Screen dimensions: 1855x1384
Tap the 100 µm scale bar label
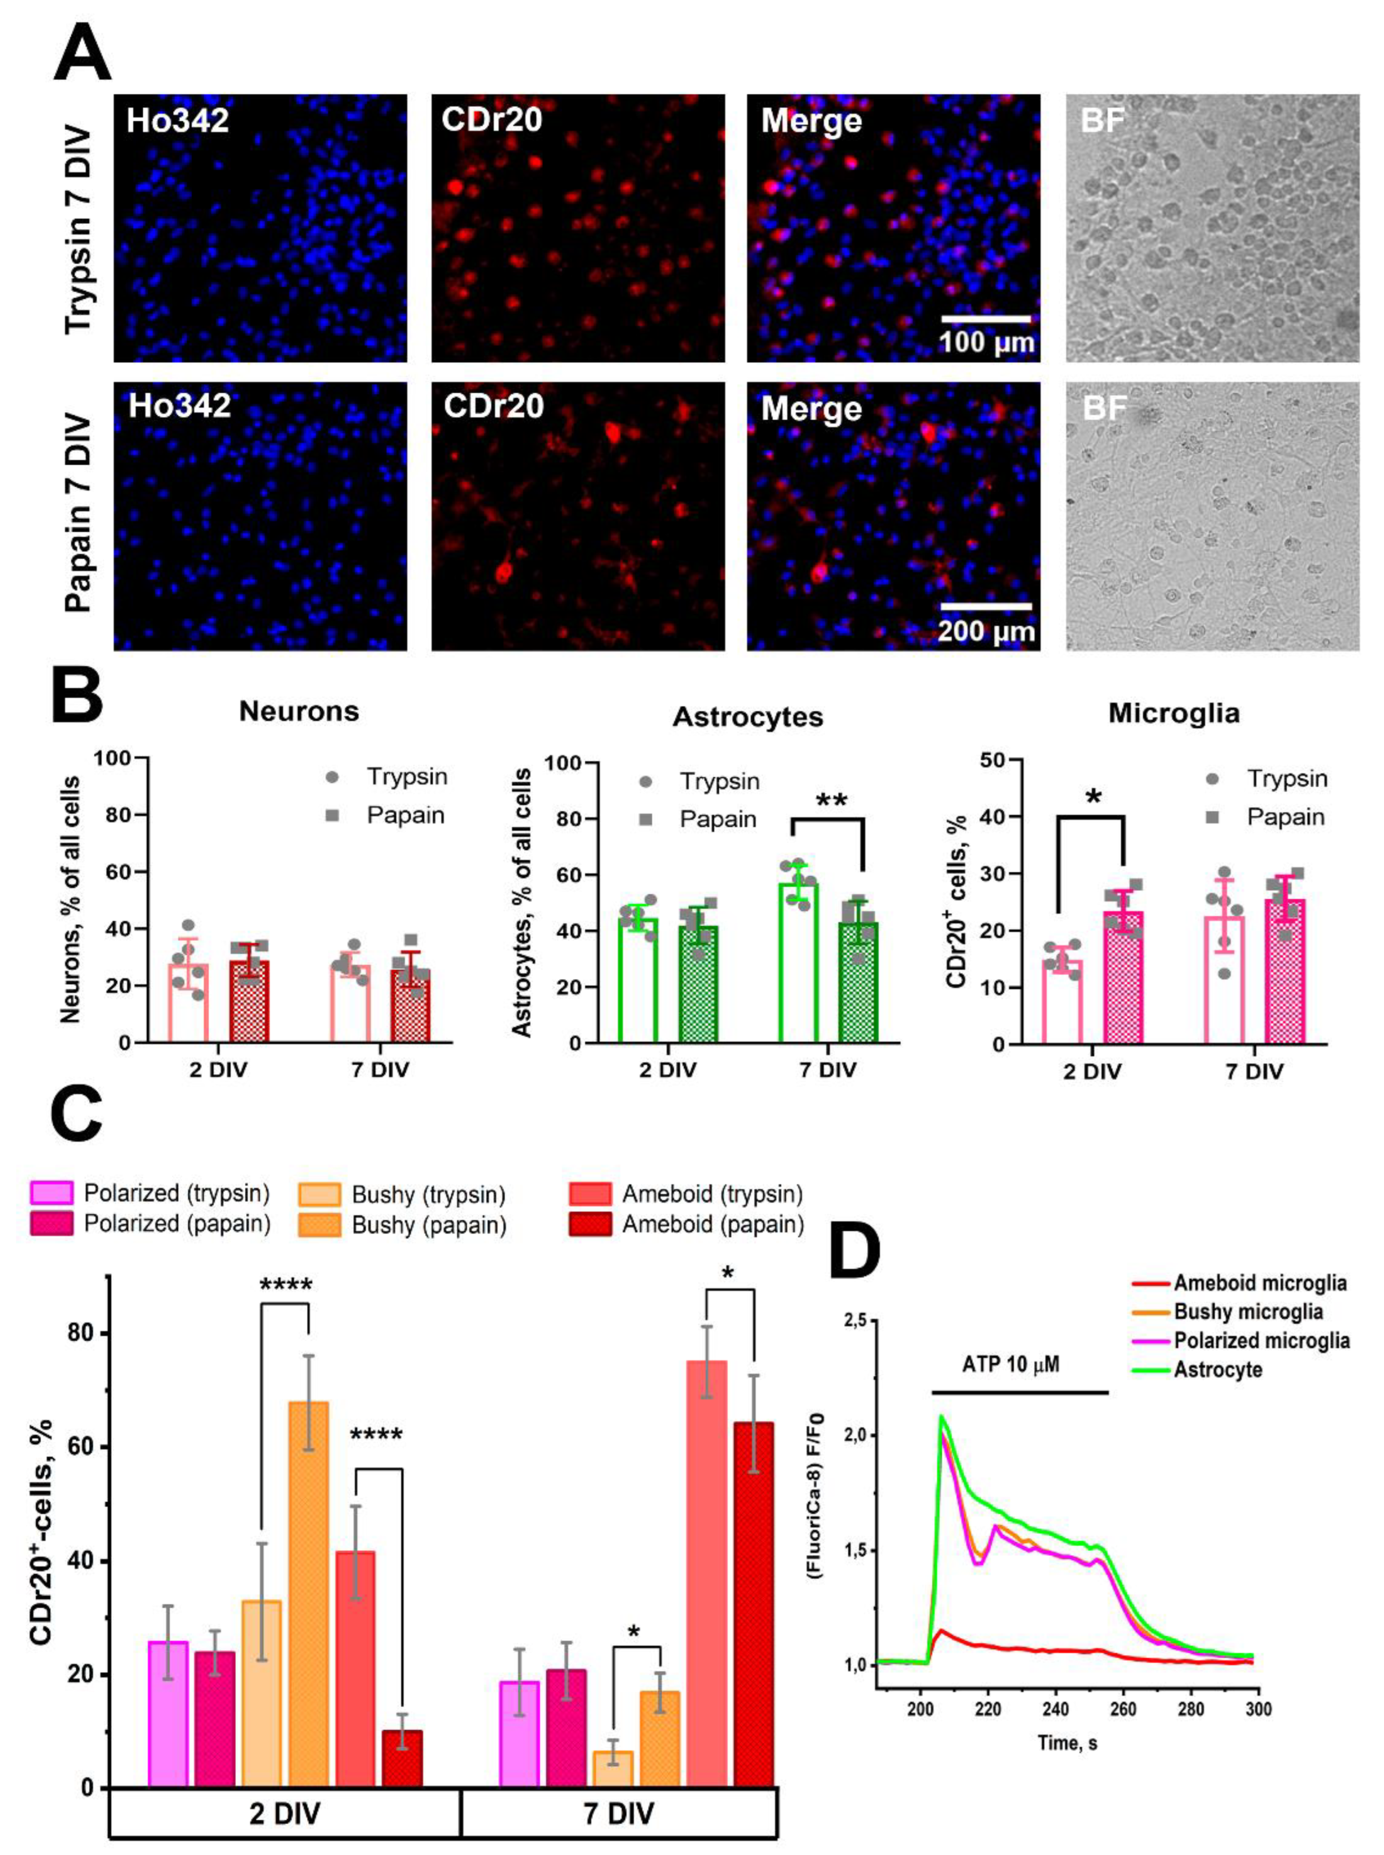986,343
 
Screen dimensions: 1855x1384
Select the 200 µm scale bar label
986,630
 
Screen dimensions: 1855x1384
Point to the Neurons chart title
299,711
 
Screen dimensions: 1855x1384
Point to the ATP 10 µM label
1011,1364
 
